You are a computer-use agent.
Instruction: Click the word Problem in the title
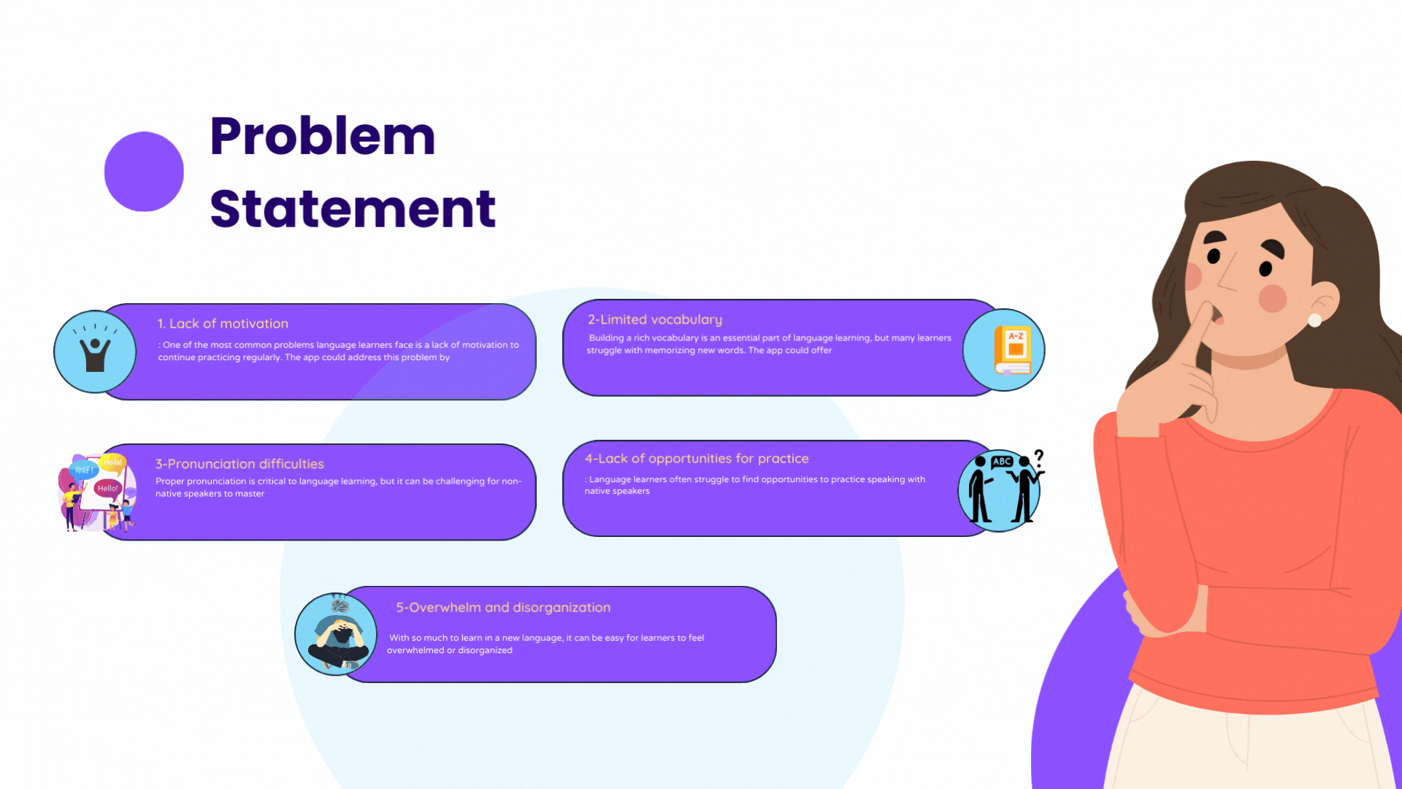tap(322, 137)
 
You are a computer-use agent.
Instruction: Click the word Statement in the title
tap(353, 209)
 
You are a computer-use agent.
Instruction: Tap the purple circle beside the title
tap(144, 172)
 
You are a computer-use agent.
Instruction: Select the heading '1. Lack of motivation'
tap(223, 324)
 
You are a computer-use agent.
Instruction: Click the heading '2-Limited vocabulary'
tap(655, 319)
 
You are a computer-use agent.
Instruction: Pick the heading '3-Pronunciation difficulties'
tap(240, 464)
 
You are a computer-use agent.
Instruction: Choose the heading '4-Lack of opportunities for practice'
tap(697, 459)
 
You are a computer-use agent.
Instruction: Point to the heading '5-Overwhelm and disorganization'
tap(503, 607)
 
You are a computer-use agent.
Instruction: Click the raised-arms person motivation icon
tap(95, 352)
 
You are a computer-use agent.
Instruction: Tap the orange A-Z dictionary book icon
tap(1012, 350)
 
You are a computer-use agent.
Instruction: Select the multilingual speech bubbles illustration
tap(96, 492)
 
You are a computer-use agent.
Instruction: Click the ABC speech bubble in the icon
tap(1002, 462)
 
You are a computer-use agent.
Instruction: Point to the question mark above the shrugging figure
tap(1039, 458)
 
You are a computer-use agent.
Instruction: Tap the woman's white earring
tap(1314, 320)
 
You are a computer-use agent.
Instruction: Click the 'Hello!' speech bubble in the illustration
tap(107, 488)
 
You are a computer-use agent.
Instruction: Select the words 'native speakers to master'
tap(210, 494)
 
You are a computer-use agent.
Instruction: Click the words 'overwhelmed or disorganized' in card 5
tap(450, 650)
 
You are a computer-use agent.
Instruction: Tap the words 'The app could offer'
tap(790, 351)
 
